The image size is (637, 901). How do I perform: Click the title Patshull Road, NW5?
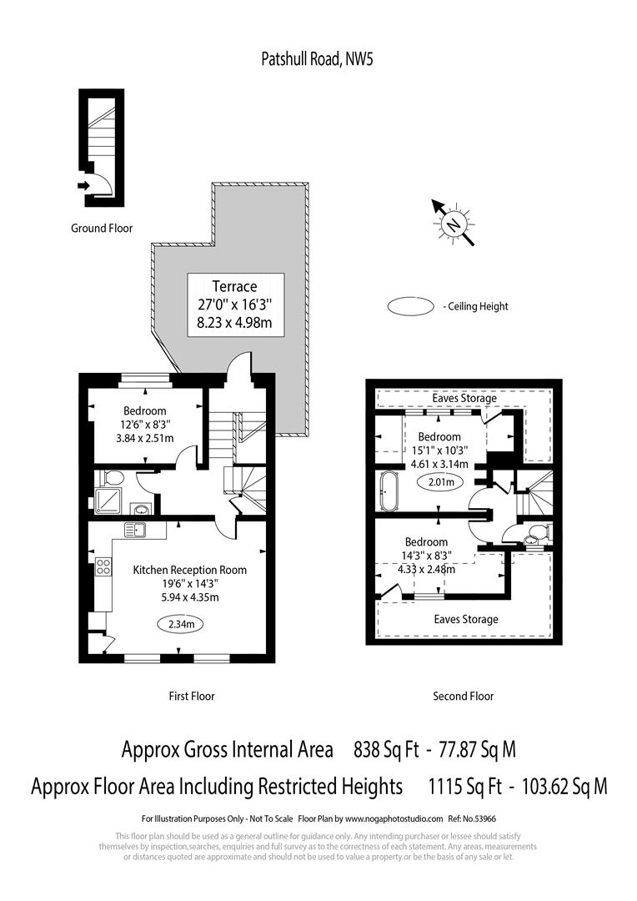pos(318,58)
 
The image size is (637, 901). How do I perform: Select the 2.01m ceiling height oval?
pos(442,482)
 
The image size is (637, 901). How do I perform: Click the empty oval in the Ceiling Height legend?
pos(410,306)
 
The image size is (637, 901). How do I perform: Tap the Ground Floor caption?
pos(101,229)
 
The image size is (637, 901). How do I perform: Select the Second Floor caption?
pos(463,696)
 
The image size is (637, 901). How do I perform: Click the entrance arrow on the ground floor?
pos(83,186)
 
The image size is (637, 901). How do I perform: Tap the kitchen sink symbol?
pos(135,529)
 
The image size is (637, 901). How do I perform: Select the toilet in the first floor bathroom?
pos(113,477)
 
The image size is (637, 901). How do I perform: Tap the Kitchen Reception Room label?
pos(190,570)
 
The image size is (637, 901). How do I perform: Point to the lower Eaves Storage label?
pos(466,619)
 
